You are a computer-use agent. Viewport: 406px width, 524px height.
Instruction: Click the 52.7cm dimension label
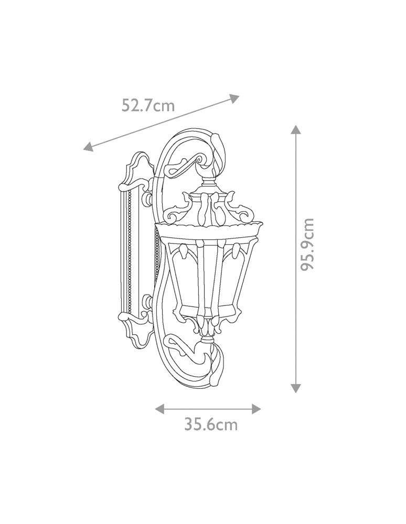click(148, 106)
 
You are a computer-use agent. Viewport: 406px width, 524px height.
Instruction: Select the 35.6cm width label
click(211, 425)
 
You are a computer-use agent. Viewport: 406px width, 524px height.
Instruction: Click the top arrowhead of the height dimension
click(295, 130)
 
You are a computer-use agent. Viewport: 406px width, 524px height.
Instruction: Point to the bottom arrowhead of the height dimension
click(295, 388)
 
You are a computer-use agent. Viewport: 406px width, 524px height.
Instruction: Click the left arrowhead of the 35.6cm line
click(160, 409)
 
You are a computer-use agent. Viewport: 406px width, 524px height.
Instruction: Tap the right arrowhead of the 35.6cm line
click(256, 409)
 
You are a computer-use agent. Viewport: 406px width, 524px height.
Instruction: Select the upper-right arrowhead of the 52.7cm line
click(235, 99)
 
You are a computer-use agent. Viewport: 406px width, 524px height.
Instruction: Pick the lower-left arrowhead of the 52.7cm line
click(88, 146)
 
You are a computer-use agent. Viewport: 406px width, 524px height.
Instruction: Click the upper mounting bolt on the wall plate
click(147, 200)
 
